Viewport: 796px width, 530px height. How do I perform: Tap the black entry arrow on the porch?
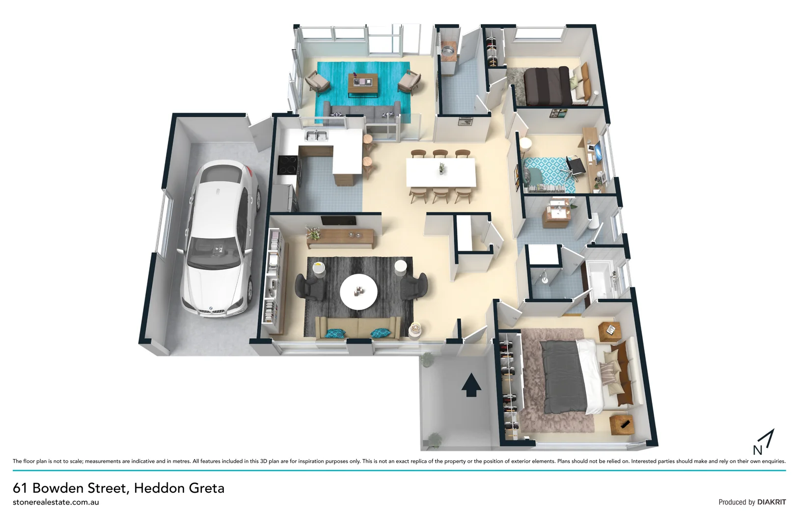471,384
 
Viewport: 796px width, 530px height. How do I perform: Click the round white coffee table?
359,291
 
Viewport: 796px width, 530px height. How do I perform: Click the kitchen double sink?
317,135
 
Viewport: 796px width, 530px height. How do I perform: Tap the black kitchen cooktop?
287,164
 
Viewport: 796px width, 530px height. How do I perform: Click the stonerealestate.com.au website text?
56,502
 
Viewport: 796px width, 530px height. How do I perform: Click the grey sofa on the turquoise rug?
363,113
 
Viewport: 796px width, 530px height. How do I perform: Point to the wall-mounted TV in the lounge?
338,221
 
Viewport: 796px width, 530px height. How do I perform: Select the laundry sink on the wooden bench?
447,50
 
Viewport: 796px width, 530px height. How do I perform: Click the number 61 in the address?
20,488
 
